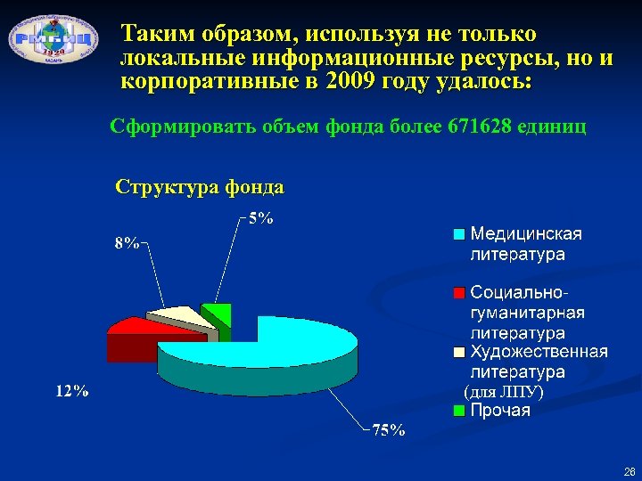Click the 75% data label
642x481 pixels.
(x=389, y=430)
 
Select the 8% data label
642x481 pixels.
(x=126, y=243)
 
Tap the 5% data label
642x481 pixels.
(x=260, y=218)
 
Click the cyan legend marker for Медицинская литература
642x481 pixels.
(x=458, y=235)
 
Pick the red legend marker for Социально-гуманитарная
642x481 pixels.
(x=458, y=293)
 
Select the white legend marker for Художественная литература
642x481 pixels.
(x=458, y=352)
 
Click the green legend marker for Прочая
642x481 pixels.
(x=458, y=411)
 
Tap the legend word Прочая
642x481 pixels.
(x=500, y=411)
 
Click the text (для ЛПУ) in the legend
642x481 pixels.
(x=504, y=391)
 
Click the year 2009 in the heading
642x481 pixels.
(x=352, y=82)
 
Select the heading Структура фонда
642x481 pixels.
(x=201, y=187)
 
